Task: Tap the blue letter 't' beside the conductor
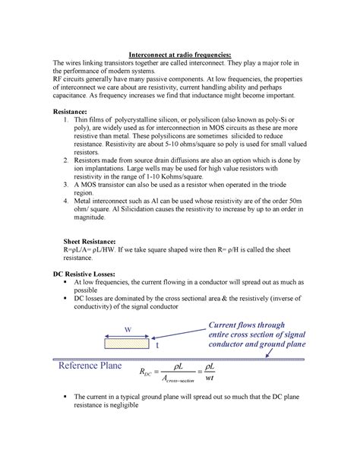(x=157, y=345)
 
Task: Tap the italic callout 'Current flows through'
(x=256, y=326)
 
